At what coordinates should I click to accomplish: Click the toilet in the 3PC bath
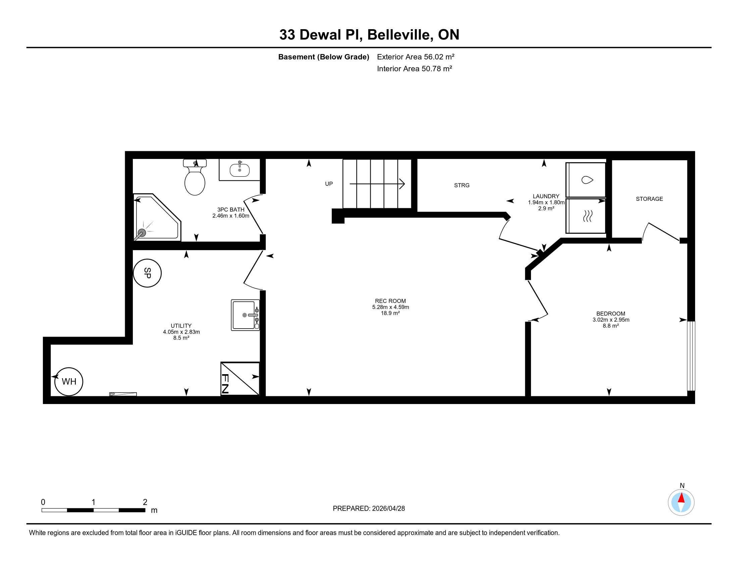195,177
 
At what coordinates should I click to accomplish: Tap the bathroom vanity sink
240,170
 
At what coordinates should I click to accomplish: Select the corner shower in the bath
157,218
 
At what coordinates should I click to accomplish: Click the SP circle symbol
147,273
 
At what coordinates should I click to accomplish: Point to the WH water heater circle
69,382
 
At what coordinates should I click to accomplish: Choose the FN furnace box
240,379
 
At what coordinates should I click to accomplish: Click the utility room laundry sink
245,315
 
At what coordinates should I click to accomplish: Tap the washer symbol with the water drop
586,180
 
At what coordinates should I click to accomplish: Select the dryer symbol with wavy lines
586,216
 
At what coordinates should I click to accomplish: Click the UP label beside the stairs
329,184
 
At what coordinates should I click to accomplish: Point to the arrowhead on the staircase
402,184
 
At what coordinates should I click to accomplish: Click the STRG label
462,185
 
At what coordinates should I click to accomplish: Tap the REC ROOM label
390,301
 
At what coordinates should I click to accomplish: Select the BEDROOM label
611,313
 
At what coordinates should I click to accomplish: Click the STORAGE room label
649,199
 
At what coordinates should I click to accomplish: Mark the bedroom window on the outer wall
691,356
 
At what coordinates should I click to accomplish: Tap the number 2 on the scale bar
145,502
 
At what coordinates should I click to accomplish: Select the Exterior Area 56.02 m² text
415,57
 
